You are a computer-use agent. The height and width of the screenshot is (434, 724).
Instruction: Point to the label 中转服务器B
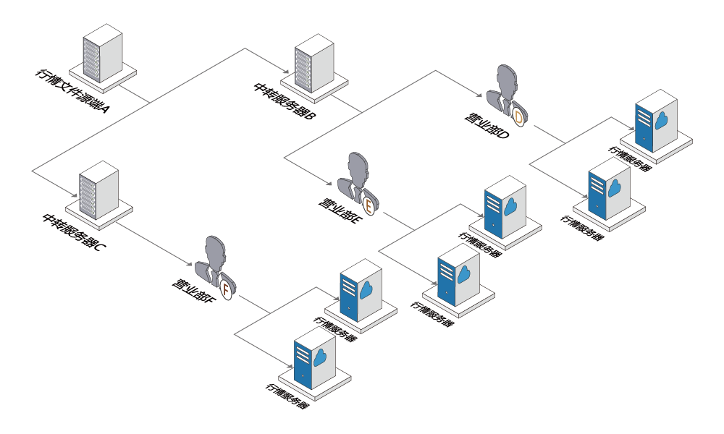(285, 102)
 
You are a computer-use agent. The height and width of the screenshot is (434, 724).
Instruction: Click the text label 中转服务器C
(74, 232)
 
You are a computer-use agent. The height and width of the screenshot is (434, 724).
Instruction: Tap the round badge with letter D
(518, 118)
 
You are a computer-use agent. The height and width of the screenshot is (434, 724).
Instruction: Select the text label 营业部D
(487, 124)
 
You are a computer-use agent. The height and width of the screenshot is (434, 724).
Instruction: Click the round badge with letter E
(369, 205)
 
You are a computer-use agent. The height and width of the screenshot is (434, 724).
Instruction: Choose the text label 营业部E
(338, 210)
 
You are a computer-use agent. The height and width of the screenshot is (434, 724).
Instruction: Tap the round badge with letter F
(226, 289)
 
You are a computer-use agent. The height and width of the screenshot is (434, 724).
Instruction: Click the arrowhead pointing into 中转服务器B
(286, 72)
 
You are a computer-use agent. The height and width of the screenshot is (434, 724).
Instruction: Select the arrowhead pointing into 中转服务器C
(72, 195)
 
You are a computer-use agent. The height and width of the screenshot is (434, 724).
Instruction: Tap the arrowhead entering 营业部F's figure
(188, 265)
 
